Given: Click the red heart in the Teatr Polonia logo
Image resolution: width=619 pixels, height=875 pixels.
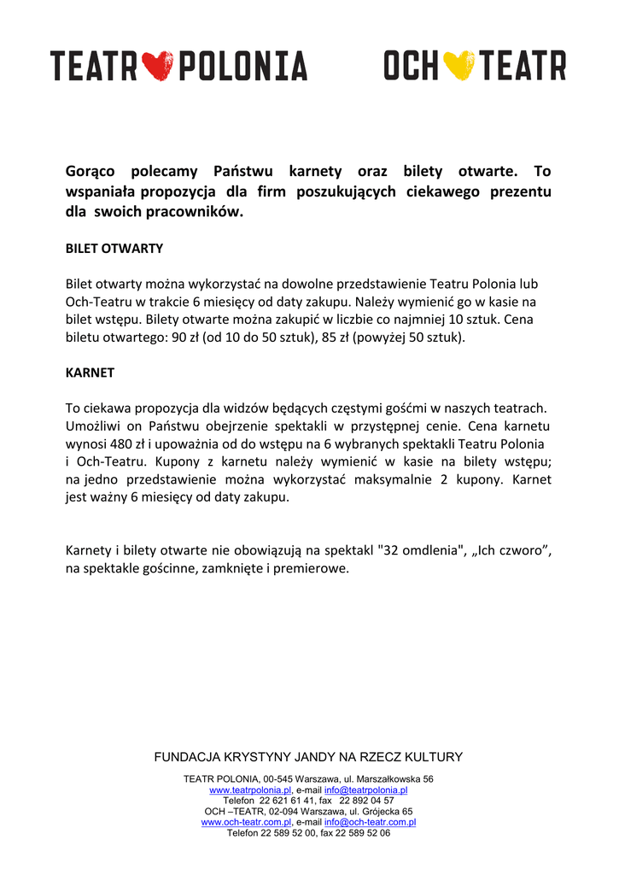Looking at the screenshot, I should pos(156,66).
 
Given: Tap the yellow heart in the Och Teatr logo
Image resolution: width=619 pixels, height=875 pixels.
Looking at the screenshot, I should pos(461,65).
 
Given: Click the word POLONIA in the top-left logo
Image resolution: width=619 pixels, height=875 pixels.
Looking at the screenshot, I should pos(242,66).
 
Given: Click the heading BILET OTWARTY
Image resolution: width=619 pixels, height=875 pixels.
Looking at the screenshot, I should pos(114,249).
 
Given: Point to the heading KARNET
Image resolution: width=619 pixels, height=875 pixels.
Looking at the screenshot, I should pos(90,373).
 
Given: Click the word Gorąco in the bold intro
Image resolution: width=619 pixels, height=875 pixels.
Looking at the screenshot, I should pos(91,172).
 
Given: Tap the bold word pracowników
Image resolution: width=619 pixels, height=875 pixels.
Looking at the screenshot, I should pos(201,210).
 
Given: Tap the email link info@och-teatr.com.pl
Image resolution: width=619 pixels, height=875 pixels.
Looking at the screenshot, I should pos(370,822).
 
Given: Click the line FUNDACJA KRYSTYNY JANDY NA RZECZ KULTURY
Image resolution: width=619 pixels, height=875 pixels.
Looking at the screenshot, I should pos(308,757).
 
